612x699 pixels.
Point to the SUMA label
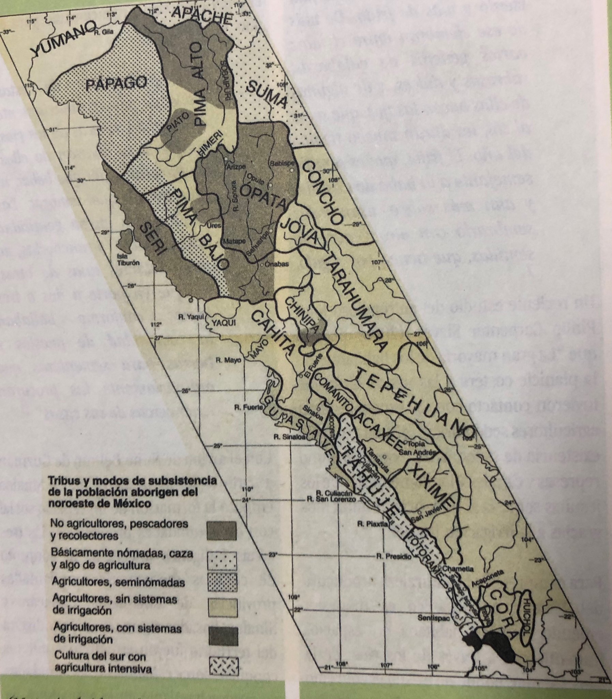[x=266, y=94]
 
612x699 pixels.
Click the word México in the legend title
[x=130, y=504]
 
